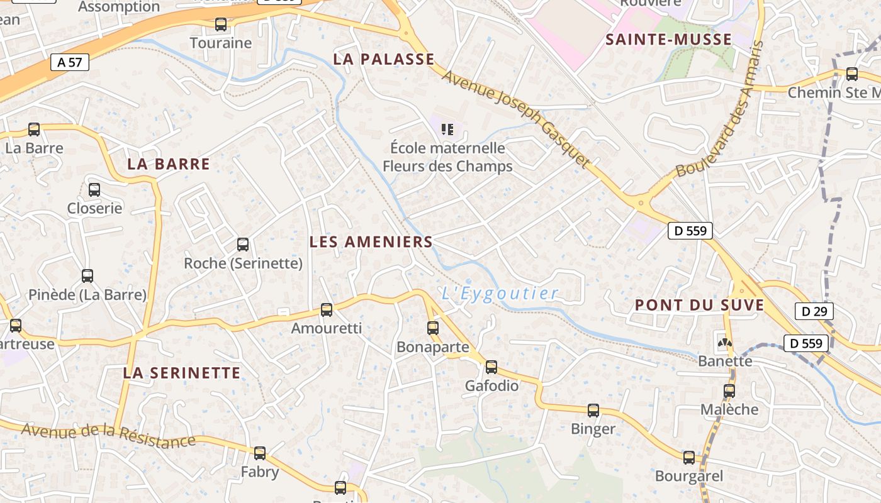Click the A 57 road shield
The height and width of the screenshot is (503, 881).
[70, 62]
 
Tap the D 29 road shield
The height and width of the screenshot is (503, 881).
[814, 311]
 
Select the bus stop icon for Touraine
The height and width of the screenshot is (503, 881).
[221, 25]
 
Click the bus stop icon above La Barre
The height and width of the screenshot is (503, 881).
[34, 130]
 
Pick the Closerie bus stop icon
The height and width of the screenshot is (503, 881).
[94, 189]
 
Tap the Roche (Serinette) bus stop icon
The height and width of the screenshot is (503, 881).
[243, 245]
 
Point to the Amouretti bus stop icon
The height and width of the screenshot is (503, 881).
[327, 309]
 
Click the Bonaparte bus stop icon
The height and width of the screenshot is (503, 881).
[433, 328]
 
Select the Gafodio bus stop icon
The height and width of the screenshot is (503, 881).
[491, 367]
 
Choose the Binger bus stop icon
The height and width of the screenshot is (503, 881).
[593, 411]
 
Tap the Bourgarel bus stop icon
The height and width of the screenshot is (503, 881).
[689, 458]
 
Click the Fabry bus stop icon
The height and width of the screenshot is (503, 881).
[260, 453]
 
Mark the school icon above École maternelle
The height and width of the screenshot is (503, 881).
[447, 130]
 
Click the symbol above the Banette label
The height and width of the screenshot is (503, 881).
[725, 343]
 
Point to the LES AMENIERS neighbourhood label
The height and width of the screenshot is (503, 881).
[371, 241]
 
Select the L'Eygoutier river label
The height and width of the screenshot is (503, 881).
[500, 293]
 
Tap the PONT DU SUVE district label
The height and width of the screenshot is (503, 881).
[699, 306]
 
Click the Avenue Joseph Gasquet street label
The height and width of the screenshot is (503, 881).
[516, 118]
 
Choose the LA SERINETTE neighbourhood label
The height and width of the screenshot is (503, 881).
[182, 373]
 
